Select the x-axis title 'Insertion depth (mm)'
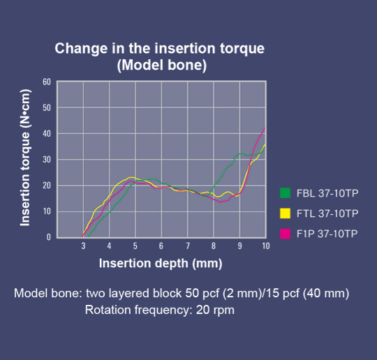[x=161, y=263]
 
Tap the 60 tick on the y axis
[x=47, y=82]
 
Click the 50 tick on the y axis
[x=47, y=107]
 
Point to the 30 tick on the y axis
[x=47, y=160]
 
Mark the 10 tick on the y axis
[x=47, y=211]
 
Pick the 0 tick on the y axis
[x=49, y=237]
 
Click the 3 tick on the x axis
[x=83, y=246]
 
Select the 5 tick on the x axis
[x=135, y=246]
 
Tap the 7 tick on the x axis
[x=188, y=246]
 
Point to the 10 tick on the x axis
[x=265, y=246]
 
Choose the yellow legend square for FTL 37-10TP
[x=284, y=213]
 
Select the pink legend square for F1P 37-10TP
[x=284, y=232]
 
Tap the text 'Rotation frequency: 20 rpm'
[x=160, y=309]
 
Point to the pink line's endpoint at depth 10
[x=265, y=128]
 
